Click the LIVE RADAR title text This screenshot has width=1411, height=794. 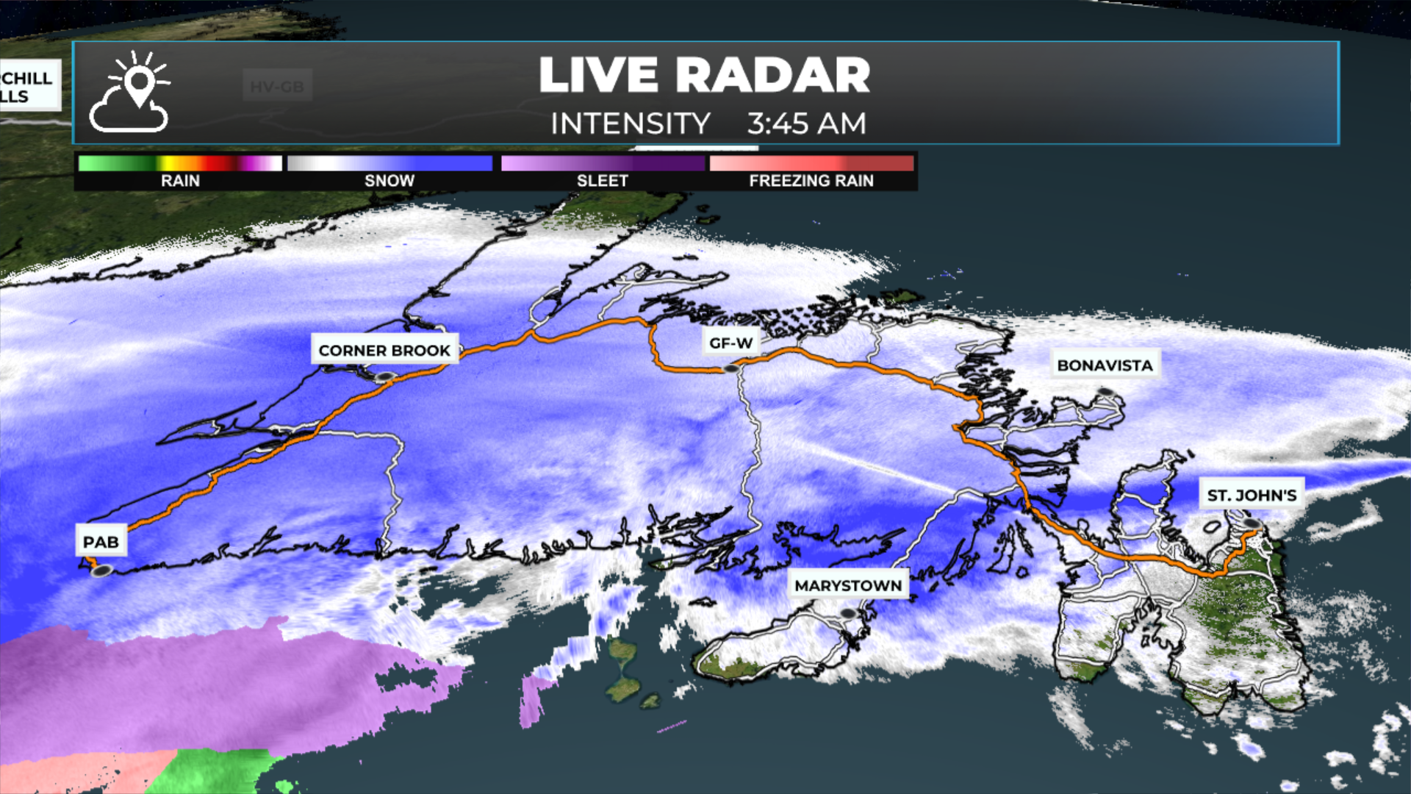pos(704,75)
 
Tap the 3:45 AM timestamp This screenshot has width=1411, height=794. pos(806,124)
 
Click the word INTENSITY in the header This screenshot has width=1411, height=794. pos(630,124)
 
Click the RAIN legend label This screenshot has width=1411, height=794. pos(180,181)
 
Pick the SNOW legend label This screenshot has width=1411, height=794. pos(389,181)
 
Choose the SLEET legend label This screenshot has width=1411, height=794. pos(602,181)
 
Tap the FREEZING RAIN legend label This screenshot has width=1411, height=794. pos(811,181)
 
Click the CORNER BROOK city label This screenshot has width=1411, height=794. pos(384,350)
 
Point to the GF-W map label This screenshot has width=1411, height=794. pos(730,343)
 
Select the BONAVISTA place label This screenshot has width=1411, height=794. pos(1105,365)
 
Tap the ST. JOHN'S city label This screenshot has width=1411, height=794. pos(1252,496)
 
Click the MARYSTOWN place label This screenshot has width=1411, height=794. pos(848,586)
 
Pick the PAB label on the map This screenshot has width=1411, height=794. pos(101,543)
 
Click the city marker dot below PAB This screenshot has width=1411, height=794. pos(102,571)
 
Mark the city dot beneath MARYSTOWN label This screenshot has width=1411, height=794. pos(848,612)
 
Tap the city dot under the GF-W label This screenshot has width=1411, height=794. pos(730,368)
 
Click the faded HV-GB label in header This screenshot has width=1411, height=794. pos(277,87)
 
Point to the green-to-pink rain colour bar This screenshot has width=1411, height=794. pos(180,163)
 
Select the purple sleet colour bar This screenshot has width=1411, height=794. pos(602,163)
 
